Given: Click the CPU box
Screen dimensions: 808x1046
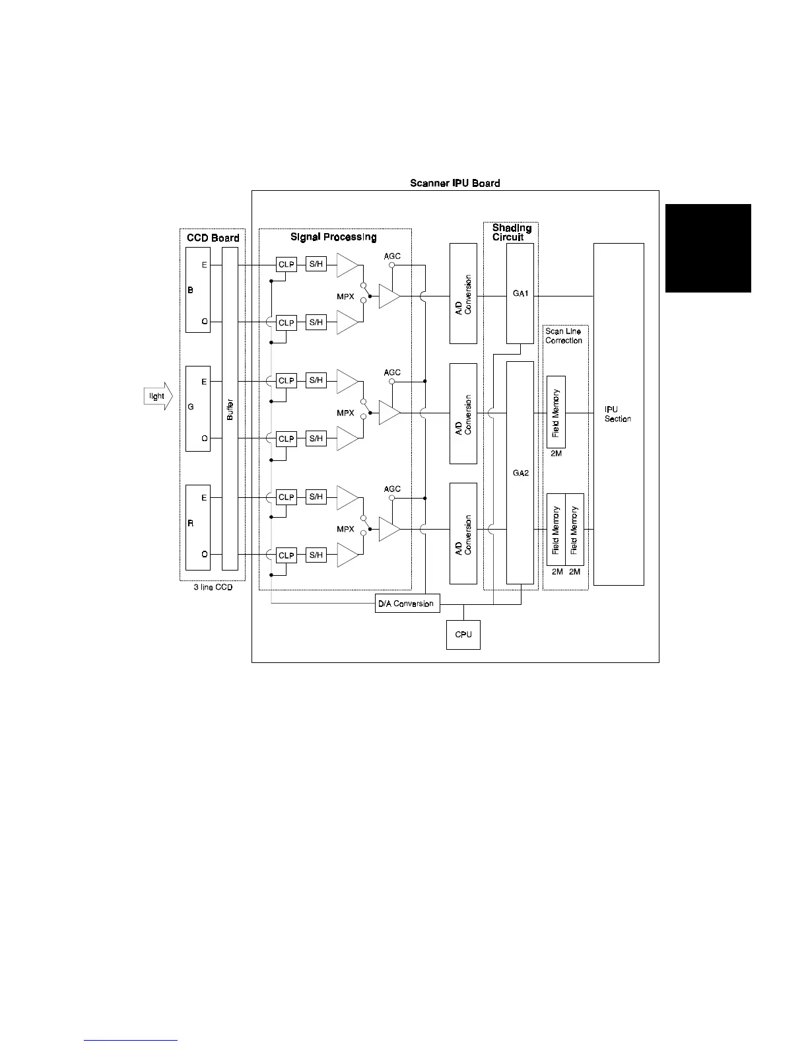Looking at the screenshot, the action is (x=463, y=635).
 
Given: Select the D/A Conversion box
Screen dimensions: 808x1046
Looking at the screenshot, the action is (x=407, y=604).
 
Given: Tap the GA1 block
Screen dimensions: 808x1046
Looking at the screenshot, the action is (x=520, y=293).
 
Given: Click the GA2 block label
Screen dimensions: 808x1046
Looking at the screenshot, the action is (x=520, y=473).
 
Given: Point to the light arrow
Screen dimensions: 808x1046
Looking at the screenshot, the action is (x=158, y=396).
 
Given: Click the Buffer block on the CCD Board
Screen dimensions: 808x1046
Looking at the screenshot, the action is (x=230, y=408).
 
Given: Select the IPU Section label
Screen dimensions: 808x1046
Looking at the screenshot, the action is (x=617, y=414).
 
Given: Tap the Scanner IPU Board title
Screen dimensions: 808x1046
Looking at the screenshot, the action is (x=455, y=183).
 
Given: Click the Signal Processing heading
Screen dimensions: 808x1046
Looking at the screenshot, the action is (x=333, y=237).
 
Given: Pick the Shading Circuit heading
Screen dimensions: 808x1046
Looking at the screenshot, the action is (x=512, y=232).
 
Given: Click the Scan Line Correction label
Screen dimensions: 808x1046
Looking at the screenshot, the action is (x=564, y=336).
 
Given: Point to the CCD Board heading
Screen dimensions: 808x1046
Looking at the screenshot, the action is (x=213, y=238).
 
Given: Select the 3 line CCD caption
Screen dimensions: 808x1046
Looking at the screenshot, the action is (x=213, y=587).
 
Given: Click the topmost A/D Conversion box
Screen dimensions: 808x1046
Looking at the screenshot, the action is (x=463, y=293).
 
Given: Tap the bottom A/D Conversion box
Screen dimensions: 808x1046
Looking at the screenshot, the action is (x=463, y=534).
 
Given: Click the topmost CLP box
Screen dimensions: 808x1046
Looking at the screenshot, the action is (x=286, y=265).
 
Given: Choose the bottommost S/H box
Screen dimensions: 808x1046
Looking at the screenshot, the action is (x=316, y=555).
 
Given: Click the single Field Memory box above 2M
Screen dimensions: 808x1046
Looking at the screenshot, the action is (x=556, y=412).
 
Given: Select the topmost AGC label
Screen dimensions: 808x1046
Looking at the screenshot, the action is (x=392, y=256).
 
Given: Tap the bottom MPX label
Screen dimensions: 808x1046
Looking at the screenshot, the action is (x=345, y=529).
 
